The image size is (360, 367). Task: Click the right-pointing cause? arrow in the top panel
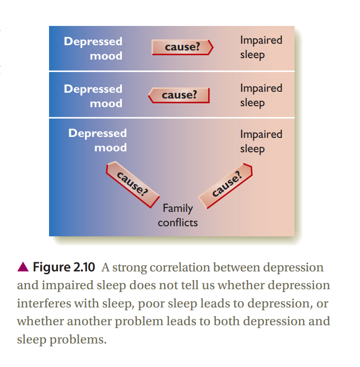point(183,48)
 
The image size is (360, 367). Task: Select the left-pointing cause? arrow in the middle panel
point(179,95)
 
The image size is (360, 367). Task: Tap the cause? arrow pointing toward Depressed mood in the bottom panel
point(133,184)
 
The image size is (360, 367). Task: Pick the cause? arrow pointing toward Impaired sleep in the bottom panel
point(225,185)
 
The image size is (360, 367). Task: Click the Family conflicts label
point(178,215)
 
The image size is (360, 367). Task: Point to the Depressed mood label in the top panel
point(93,49)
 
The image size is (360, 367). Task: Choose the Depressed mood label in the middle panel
point(93,96)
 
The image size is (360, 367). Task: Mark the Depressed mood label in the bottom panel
point(98,140)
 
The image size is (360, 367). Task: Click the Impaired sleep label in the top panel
point(261,48)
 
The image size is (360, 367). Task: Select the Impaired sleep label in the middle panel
point(261,96)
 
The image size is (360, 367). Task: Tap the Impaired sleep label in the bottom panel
point(261,142)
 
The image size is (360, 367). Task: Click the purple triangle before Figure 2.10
point(23,267)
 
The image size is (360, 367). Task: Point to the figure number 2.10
point(84,267)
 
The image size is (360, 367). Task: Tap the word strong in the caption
point(129,268)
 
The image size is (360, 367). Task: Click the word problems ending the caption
point(78,340)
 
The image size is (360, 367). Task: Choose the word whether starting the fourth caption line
point(40,321)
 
